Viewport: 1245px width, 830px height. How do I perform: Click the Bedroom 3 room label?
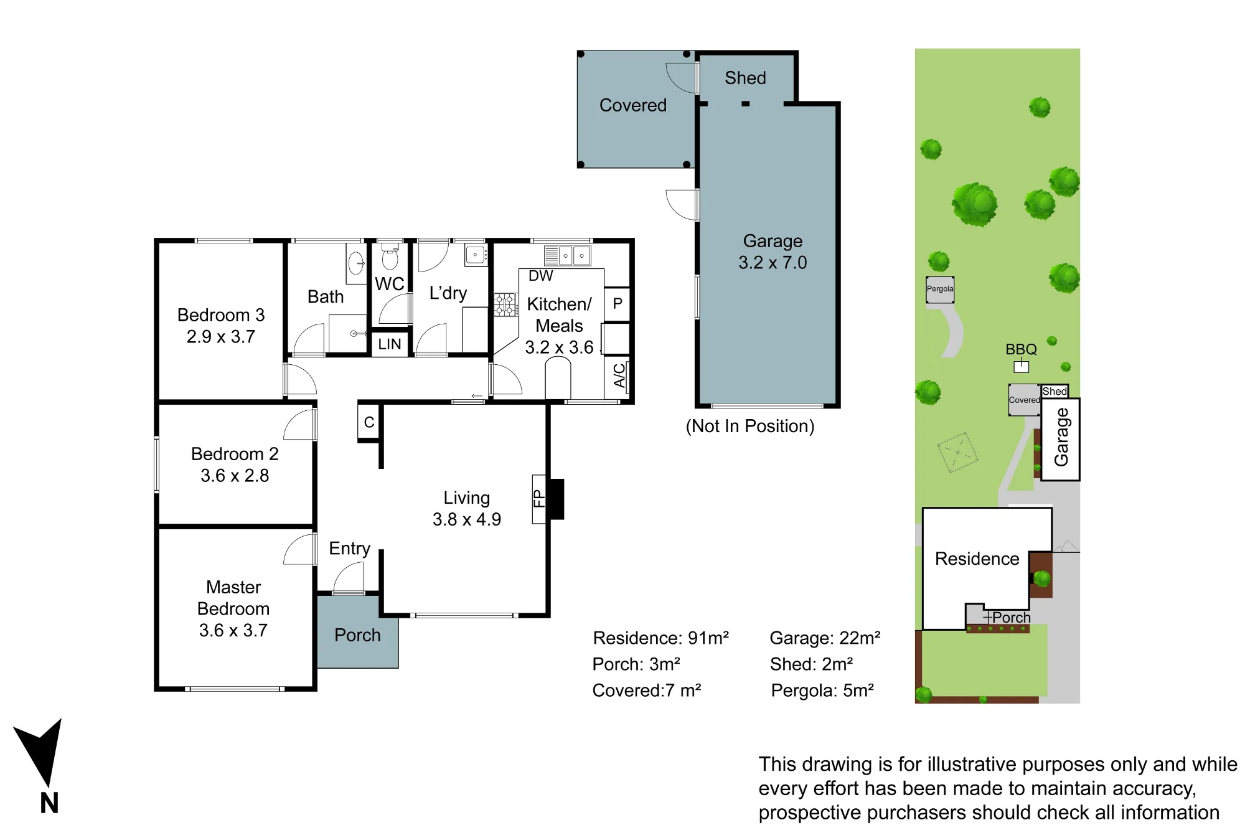click(x=221, y=315)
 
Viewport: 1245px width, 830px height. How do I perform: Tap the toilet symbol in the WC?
click(x=390, y=255)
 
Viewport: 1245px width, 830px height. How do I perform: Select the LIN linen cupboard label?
click(x=390, y=344)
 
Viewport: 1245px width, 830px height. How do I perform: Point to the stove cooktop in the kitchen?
click(x=505, y=305)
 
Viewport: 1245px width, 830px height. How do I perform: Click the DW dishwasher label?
click(x=540, y=276)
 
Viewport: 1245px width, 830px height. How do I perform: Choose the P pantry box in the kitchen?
click(x=617, y=304)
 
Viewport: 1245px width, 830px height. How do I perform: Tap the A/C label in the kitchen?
click(x=619, y=375)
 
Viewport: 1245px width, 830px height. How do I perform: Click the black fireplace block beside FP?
click(x=556, y=499)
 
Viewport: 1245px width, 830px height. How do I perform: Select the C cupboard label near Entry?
click(x=369, y=422)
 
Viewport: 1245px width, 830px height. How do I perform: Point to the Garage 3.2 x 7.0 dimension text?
click(x=773, y=262)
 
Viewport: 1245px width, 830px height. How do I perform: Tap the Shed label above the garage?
click(x=745, y=78)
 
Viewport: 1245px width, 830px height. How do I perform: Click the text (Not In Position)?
click(x=750, y=426)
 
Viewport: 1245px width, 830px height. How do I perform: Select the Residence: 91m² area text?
click(x=660, y=638)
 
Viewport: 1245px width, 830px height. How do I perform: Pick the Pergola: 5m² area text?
click(x=822, y=690)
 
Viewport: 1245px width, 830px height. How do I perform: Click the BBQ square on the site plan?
click(x=1022, y=367)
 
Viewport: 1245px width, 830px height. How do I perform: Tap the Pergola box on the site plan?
click(x=940, y=290)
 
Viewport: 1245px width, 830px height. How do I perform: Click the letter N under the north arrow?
click(x=49, y=803)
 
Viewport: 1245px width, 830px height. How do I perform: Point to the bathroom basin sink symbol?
click(x=357, y=263)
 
